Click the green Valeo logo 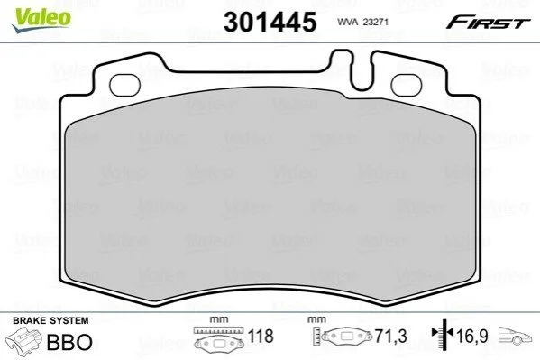pos(41,20)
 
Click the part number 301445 pos(270,22)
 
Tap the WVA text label pos(347,22)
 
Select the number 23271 pos(375,22)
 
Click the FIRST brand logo pos(488,23)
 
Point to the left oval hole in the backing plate pos(124,85)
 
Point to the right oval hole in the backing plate pos(407,85)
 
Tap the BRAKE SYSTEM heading pos(50,320)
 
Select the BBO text pos(69,342)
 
